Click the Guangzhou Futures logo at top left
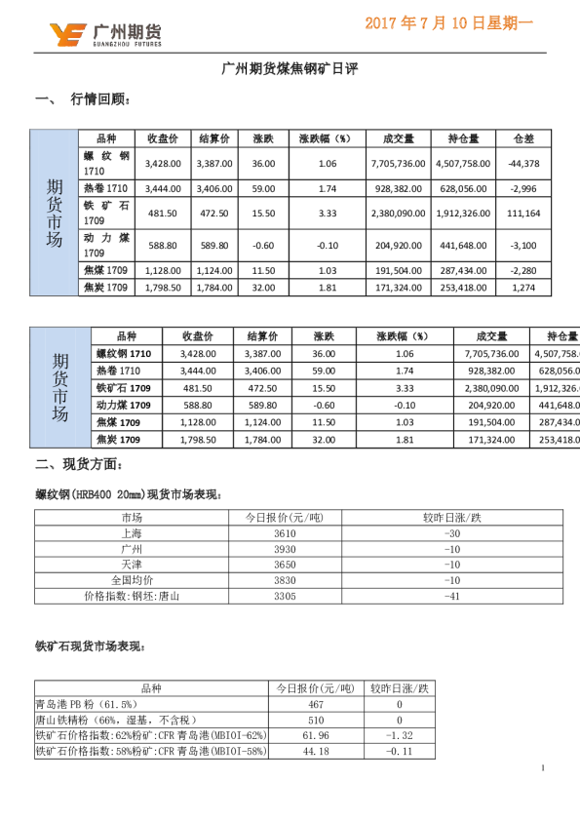click(x=105, y=35)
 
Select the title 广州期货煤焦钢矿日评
click(x=290, y=69)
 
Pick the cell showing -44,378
click(x=523, y=164)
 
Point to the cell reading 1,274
click(x=523, y=288)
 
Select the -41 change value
click(x=451, y=596)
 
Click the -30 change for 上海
click(x=451, y=533)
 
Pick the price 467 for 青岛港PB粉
click(x=315, y=704)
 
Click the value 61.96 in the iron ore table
click(x=315, y=735)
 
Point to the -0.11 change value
click(x=400, y=752)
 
